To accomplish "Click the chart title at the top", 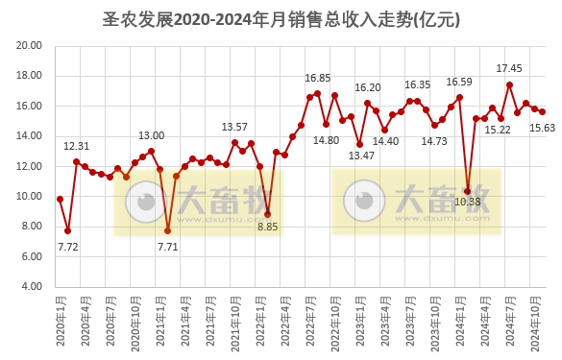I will click(x=281, y=18).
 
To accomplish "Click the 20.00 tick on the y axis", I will click(x=30, y=45).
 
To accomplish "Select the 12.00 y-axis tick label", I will click(x=30, y=166).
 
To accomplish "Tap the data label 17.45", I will click(x=509, y=69).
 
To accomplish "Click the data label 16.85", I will click(x=317, y=78).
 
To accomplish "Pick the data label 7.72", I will click(x=67, y=247).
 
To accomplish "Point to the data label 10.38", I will click(x=468, y=202).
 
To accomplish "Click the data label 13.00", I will click(x=152, y=135).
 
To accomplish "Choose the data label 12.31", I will click(x=77, y=146).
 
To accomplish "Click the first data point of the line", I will click(x=60, y=199).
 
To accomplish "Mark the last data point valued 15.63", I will click(x=542, y=111).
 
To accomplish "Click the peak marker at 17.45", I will click(x=509, y=84).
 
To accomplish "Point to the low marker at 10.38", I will click(x=468, y=190).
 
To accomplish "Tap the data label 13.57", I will click(x=234, y=127).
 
